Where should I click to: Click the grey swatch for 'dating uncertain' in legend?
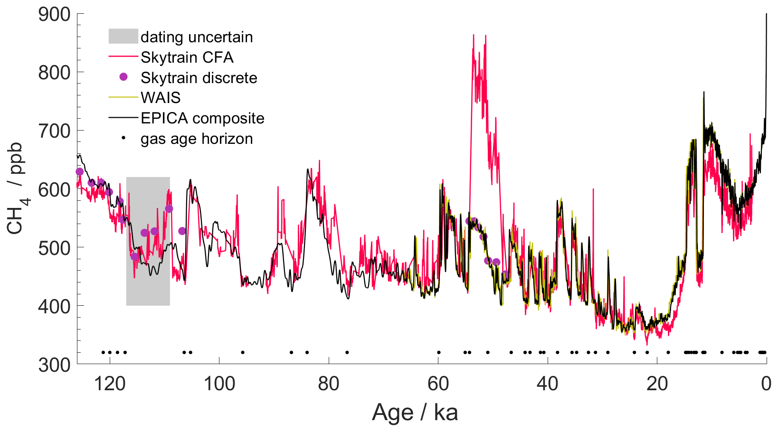[x=123, y=37]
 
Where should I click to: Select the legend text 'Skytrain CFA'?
[x=187, y=57]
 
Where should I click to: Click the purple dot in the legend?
[x=123, y=77]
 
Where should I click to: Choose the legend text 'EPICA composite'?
[x=202, y=118]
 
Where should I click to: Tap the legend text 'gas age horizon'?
[x=197, y=139]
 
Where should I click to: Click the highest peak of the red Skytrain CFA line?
[x=474, y=35]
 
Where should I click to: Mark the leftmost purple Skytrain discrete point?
[x=80, y=171]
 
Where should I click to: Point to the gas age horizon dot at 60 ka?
[x=438, y=352]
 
